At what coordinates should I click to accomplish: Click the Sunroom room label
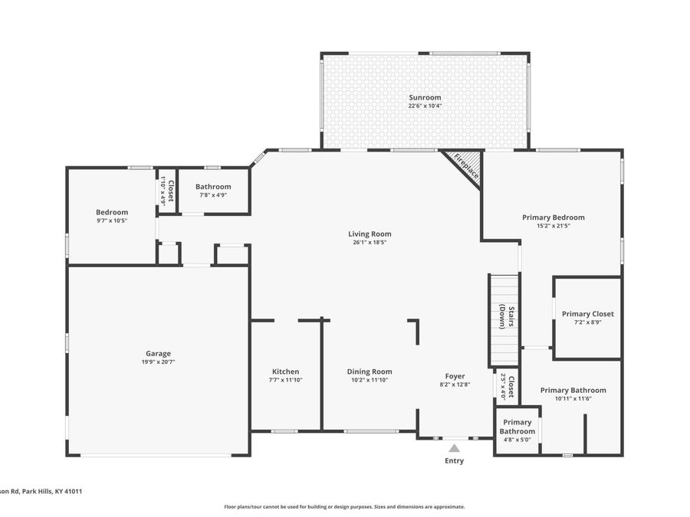[x=425, y=97]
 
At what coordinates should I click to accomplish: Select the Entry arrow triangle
[x=454, y=448]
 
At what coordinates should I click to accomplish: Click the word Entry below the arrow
[x=454, y=461]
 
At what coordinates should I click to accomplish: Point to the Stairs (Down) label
[x=507, y=316]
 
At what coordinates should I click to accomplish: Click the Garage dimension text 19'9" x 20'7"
[x=158, y=362]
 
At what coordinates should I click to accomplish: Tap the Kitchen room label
[x=286, y=371]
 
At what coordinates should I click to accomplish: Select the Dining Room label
[x=370, y=372]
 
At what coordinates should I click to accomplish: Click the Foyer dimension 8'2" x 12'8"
[x=455, y=384]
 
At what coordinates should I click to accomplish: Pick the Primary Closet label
[x=587, y=314]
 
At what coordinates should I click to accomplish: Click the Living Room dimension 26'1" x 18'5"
[x=370, y=242]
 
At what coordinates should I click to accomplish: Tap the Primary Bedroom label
[x=553, y=218]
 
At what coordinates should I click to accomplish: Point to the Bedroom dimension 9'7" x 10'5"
[x=112, y=221]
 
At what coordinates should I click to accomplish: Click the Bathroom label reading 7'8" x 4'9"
[x=213, y=195]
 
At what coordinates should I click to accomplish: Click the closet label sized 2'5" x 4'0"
[x=508, y=387]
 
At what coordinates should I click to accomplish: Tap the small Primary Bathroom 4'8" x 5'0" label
[x=517, y=430]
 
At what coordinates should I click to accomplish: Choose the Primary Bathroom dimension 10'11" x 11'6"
[x=573, y=399]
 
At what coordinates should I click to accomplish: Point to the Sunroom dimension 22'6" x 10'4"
[x=425, y=106]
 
